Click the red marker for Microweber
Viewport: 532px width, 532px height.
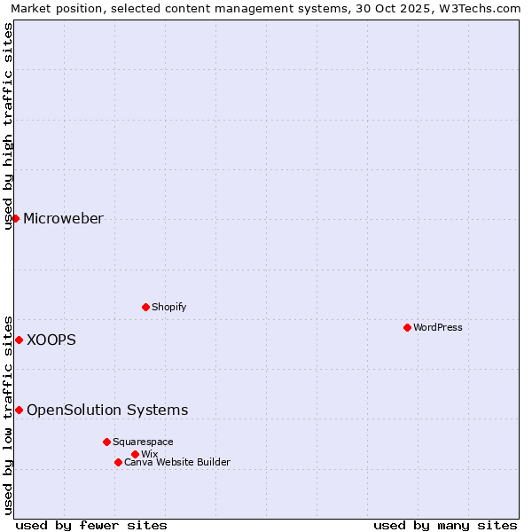tap(15, 218)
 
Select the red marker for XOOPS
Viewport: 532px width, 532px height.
tap(19, 340)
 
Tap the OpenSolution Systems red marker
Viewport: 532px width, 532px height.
tap(19, 410)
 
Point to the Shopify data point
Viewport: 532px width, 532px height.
tap(145, 307)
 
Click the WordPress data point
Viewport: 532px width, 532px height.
tap(407, 327)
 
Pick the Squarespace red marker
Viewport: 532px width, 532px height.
tap(106, 442)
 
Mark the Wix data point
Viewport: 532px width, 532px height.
tap(135, 454)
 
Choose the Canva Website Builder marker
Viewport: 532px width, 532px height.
tap(118, 462)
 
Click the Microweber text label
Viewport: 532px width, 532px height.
tap(63, 219)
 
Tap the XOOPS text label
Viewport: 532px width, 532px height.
tap(51, 340)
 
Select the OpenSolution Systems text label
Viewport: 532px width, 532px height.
tap(107, 410)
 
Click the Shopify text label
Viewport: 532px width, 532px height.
tap(168, 307)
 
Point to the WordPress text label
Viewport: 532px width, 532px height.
tap(438, 327)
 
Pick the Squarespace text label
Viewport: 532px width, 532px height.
tap(143, 442)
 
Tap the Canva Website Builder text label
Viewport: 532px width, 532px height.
tap(177, 462)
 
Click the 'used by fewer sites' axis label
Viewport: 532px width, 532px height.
tap(91, 525)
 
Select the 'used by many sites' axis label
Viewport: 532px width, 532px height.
tap(445, 525)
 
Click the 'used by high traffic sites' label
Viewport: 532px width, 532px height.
tap(8, 126)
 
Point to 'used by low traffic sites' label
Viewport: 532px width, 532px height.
tap(8, 414)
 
